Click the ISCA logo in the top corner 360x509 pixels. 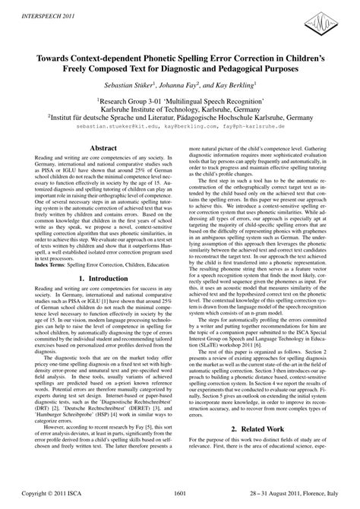[332, 21]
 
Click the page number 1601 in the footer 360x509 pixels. [180, 492]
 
